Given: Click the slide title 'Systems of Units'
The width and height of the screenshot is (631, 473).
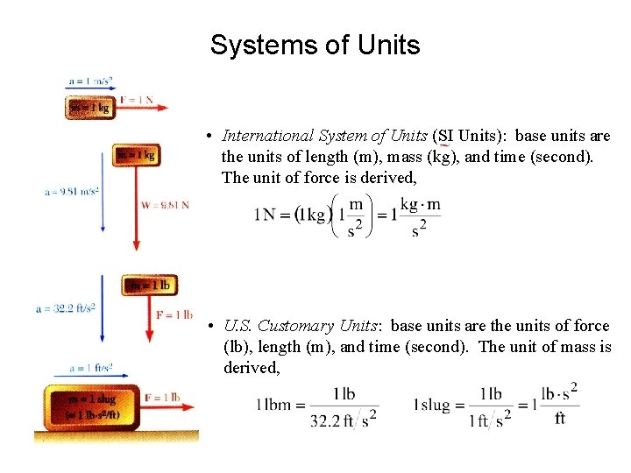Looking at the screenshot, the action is (x=315, y=46).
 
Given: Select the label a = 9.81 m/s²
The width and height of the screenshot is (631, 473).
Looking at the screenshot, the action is (x=72, y=191).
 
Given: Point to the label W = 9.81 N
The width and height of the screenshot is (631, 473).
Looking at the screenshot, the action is (x=165, y=205).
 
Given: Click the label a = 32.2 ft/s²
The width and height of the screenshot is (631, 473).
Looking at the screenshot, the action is (x=66, y=308).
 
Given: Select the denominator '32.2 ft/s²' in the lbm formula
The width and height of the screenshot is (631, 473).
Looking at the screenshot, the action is (x=344, y=420).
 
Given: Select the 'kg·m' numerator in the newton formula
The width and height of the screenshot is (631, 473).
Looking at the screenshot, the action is (x=421, y=204).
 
